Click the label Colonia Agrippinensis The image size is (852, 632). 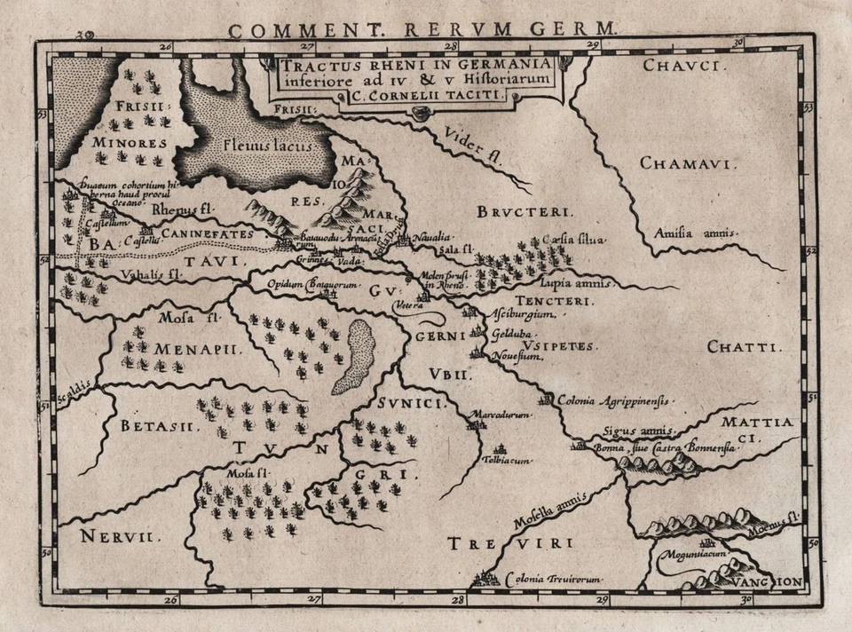pyautogui.click(x=611, y=400)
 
